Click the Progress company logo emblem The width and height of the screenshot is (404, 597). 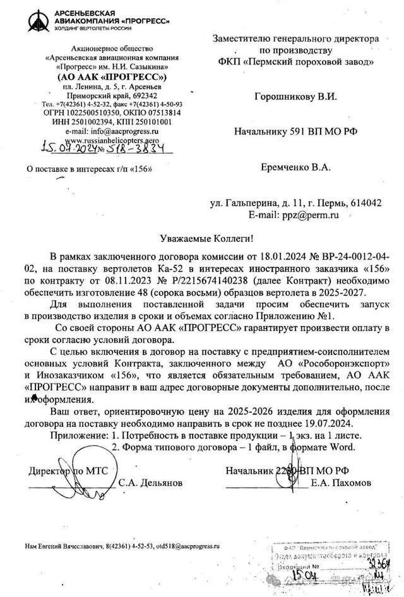pyautogui.click(x=37, y=20)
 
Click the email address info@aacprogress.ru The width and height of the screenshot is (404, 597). pyautogui.click(x=124, y=131)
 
